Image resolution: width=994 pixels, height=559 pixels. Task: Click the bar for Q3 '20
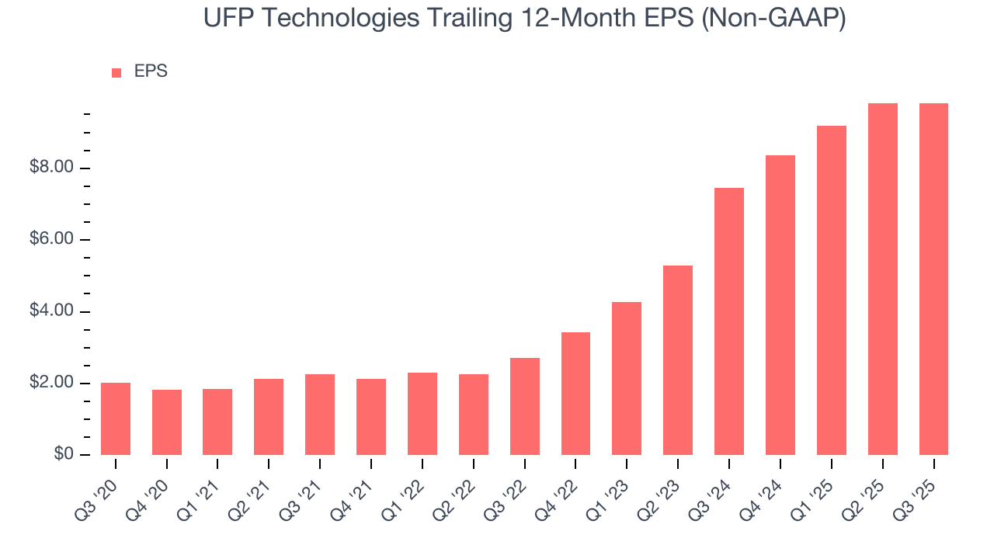tap(116, 418)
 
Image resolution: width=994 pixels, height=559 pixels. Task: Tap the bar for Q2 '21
tap(269, 417)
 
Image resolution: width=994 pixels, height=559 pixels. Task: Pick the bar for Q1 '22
tap(422, 414)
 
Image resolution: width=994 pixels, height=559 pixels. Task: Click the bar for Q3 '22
tap(525, 406)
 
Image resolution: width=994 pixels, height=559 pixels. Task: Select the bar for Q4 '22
tap(575, 394)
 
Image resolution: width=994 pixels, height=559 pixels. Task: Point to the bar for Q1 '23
tap(627, 378)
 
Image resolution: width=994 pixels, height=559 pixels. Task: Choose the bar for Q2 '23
tap(678, 360)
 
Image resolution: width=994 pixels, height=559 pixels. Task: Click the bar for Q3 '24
tap(729, 321)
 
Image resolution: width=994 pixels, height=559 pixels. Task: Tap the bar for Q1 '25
tap(832, 290)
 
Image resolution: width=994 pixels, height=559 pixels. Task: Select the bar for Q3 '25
tap(933, 279)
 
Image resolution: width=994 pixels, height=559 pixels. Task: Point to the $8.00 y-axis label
tap(53, 168)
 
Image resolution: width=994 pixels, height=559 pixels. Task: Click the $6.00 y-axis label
tap(53, 239)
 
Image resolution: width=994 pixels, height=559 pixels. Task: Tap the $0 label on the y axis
tap(64, 454)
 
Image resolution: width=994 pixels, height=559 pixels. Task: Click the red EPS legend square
tap(116, 72)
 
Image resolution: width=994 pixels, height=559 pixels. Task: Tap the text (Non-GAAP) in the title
tap(773, 18)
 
